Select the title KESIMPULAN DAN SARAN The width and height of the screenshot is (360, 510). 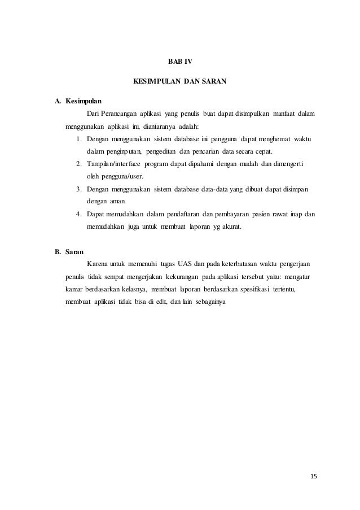pos(179,82)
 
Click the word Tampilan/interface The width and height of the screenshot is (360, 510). pos(115,164)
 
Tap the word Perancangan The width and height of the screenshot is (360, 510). pos(118,115)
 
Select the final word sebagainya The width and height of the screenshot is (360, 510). pos(210,302)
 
